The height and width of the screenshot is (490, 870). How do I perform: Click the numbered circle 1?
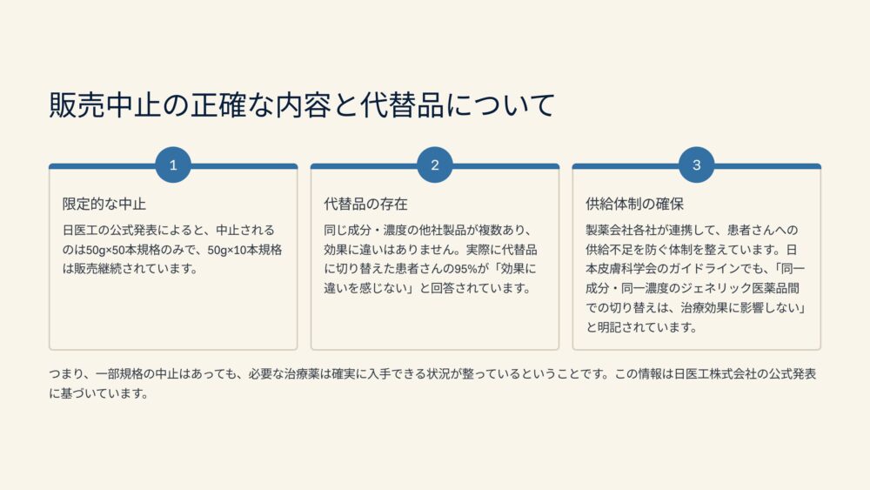(x=173, y=164)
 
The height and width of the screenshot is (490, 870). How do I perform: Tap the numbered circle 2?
(x=435, y=164)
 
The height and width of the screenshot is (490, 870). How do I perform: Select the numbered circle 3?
(x=696, y=164)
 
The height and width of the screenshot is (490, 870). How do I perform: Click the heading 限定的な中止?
(x=104, y=205)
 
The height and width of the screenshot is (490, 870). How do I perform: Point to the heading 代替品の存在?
(x=365, y=205)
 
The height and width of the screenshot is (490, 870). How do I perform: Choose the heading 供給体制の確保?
(x=634, y=205)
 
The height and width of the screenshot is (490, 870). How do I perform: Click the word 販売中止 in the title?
(x=105, y=105)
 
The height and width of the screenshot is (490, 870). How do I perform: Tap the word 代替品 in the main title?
(x=402, y=105)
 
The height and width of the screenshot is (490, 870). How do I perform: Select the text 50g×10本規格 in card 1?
(x=244, y=250)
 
